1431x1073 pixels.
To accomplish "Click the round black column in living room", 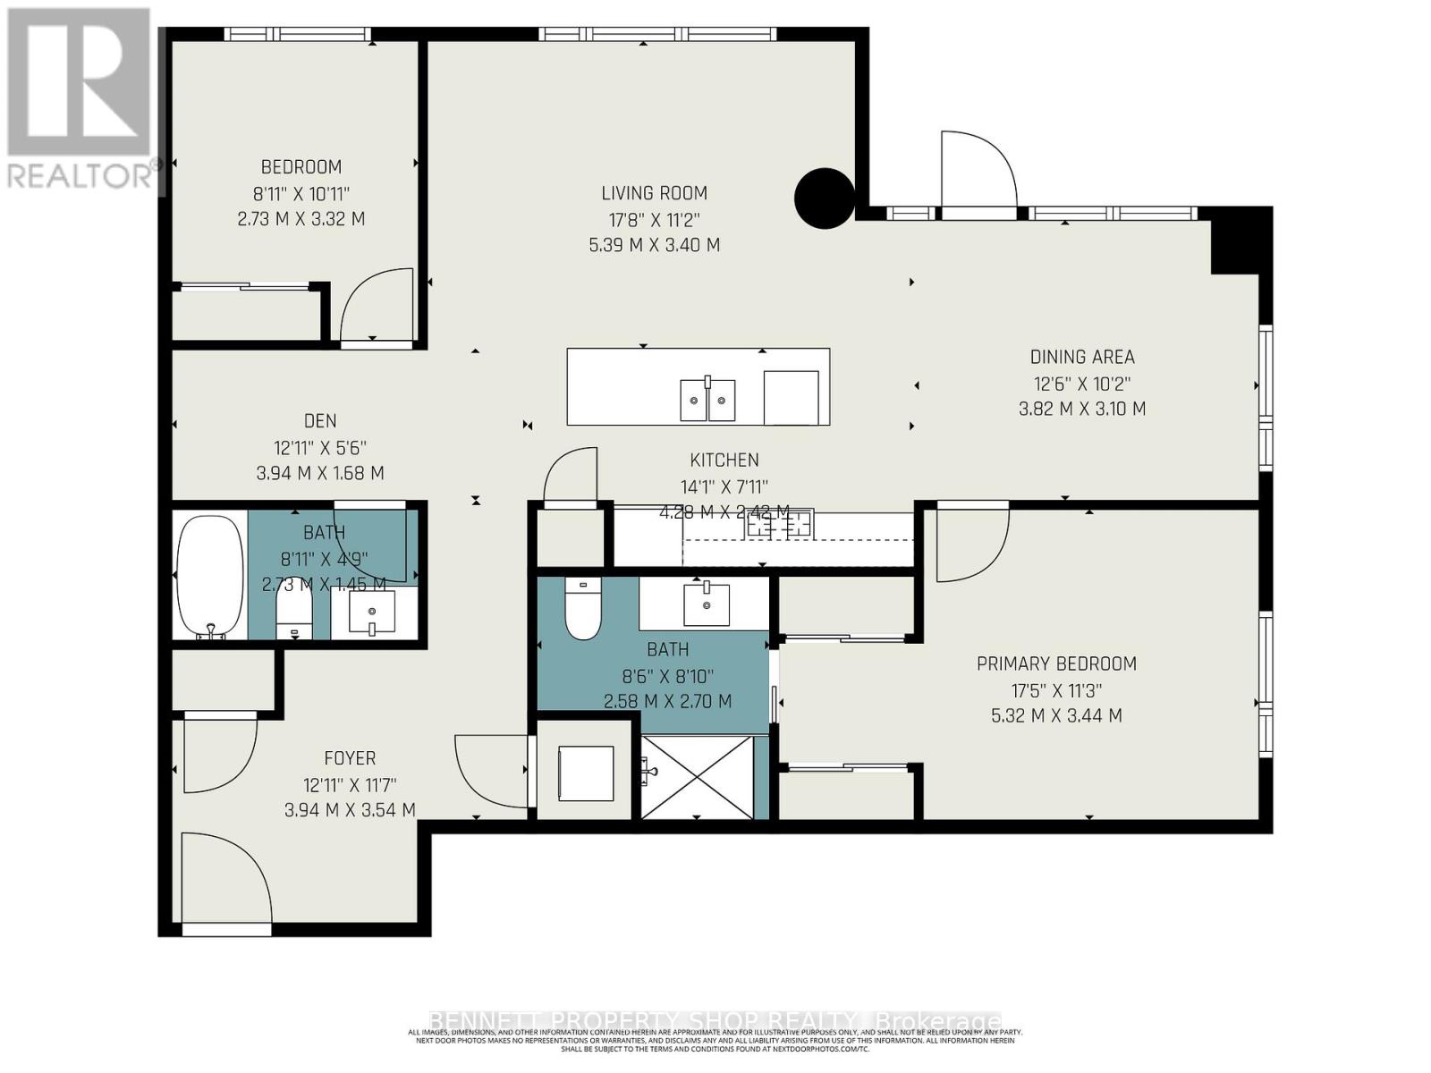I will coord(825,198).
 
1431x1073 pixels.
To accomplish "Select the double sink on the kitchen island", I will coord(707,399).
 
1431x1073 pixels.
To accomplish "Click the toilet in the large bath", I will coord(583,610).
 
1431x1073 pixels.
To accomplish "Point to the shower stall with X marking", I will coord(698,776).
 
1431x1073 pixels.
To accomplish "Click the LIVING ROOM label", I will coord(654,193).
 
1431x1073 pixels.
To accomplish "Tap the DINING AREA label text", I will coord(1082,357).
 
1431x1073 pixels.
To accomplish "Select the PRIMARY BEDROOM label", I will coord(1056,663).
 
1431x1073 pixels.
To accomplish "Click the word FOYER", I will coord(350,758).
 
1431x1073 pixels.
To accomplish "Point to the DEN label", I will coord(320,421).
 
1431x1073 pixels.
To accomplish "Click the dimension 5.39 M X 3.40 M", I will coord(654,245).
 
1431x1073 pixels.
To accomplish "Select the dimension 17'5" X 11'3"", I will coord(1056,690).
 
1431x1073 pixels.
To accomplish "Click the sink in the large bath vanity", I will coord(707,604).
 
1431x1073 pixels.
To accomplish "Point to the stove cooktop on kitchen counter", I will coord(780,524).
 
